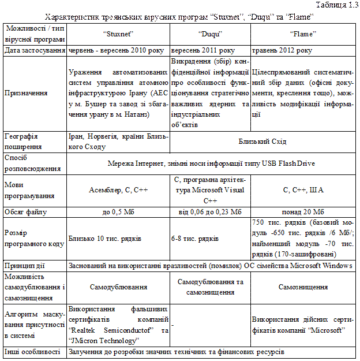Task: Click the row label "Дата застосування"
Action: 33,50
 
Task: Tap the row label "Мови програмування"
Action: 29,190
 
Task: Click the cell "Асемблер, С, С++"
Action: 118,190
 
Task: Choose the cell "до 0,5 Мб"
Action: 118,212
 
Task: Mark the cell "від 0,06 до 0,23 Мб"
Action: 211,212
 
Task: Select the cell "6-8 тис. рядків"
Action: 194,239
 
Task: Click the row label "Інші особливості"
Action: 33,351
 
